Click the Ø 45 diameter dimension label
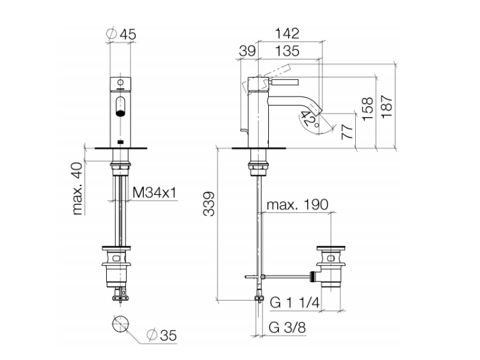pos(120,34)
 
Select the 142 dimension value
pos(287,33)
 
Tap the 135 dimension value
pos(287,51)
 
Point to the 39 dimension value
pos(247,51)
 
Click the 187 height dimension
pos(387,106)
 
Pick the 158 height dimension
pos(367,109)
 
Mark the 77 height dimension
pos(348,132)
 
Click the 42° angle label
pos(310,120)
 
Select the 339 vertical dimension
pos(209,204)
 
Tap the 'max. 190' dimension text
pos(297,205)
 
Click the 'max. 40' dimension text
pos(77,189)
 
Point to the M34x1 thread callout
pos(155,192)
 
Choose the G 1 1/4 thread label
pos(295,302)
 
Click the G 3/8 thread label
pos(287,327)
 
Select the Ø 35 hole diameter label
pos(161,335)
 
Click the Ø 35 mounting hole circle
pos(120,324)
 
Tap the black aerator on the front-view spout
pos(120,113)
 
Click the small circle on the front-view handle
pos(120,82)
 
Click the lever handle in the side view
pos(284,82)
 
